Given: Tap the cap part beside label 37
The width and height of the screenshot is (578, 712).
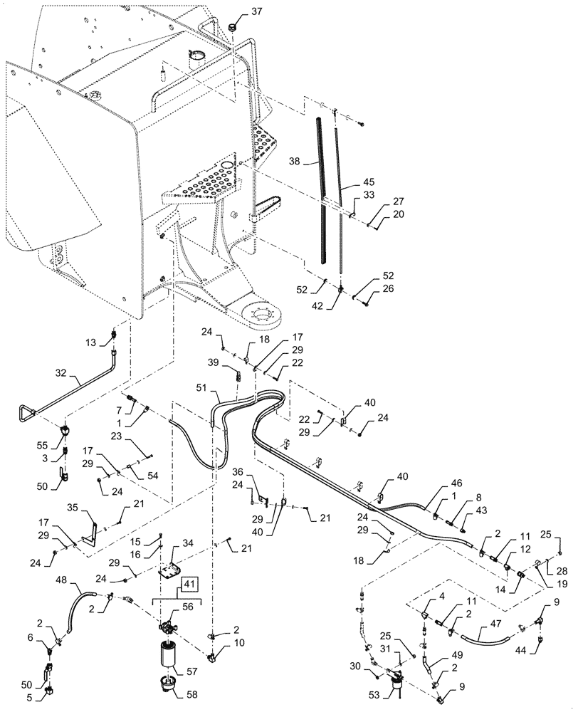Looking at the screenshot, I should click(x=232, y=26).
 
